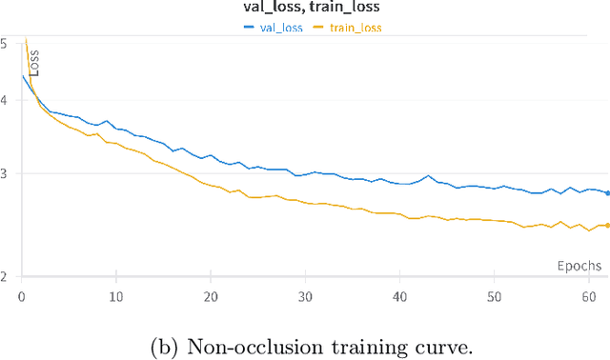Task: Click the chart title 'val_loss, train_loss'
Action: click(304, 9)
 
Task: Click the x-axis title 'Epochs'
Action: click(579, 265)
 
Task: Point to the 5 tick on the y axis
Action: click(5, 44)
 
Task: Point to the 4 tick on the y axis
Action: click(5, 99)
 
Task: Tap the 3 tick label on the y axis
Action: click(5, 173)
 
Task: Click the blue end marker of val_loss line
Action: click(607, 192)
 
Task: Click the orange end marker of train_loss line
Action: click(607, 225)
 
